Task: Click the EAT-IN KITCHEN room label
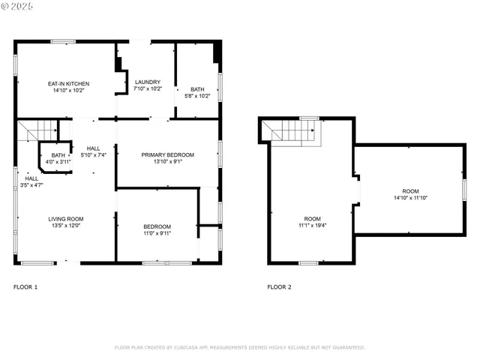[x=69, y=83]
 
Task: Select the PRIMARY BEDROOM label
[x=168, y=154]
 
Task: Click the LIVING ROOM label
[x=66, y=218]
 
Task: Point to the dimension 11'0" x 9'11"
[x=157, y=233]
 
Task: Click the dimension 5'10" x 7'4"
[x=93, y=155]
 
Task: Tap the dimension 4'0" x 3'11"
[x=58, y=162]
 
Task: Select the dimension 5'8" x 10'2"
[x=197, y=96]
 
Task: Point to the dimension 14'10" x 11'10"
[x=410, y=198]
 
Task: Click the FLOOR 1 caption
[x=25, y=287]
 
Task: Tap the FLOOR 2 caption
[x=280, y=287]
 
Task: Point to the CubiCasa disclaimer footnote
[x=239, y=348]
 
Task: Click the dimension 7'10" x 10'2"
[x=148, y=88]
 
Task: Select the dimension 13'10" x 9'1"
[x=168, y=162]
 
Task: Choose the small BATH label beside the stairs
[x=58, y=155]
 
